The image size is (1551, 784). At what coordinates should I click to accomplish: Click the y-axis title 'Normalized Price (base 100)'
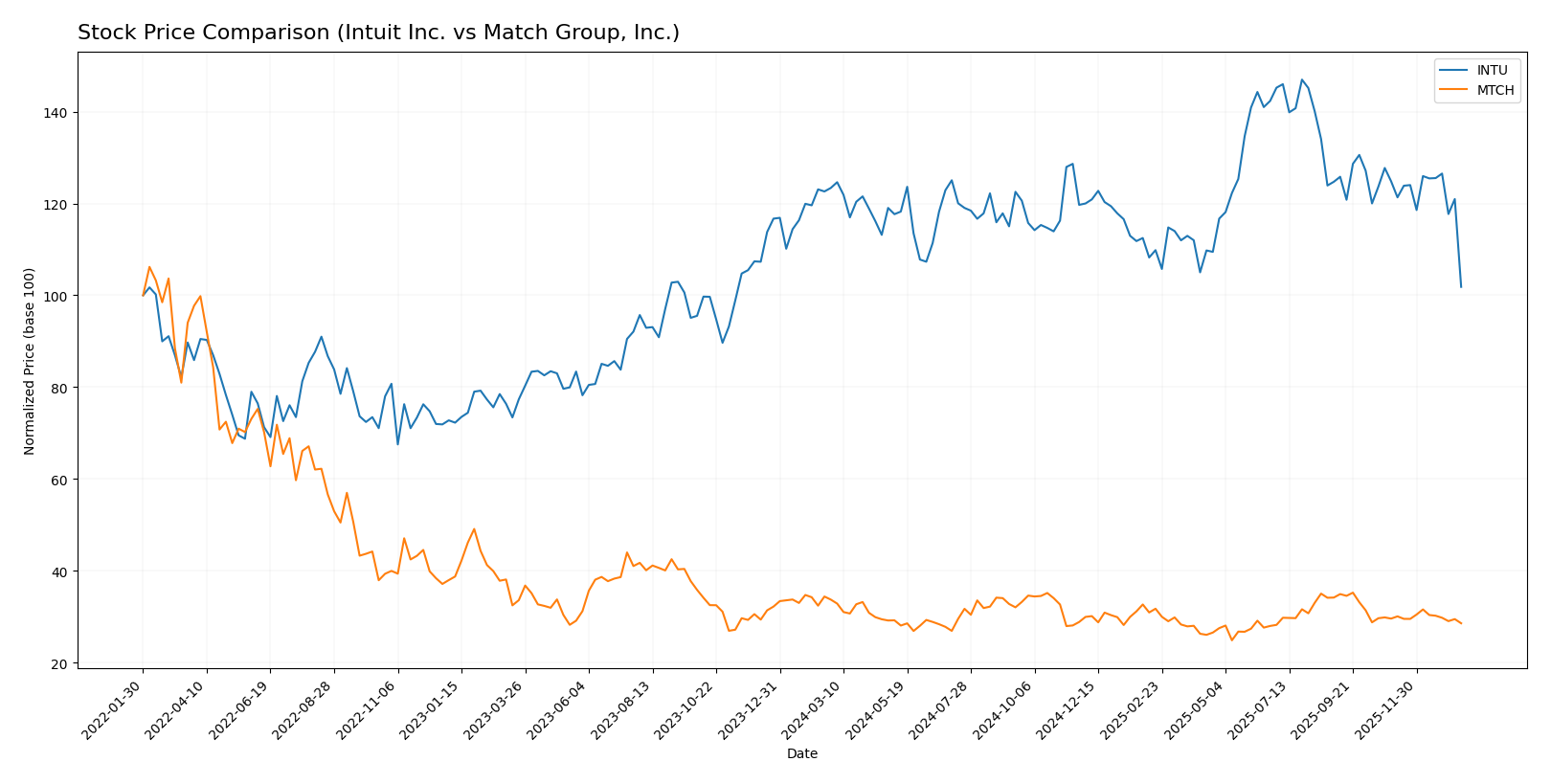coord(30,361)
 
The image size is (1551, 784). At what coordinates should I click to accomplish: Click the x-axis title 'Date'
coord(801,753)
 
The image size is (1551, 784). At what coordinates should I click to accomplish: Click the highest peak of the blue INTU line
coord(1301,80)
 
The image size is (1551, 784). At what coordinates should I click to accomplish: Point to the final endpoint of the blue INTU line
coord(1460,286)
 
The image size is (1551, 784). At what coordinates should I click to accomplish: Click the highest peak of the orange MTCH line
coord(149,267)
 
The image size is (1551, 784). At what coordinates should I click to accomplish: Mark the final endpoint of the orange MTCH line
coord(1460,623)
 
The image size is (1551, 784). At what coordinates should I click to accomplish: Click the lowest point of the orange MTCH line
coord(1231,639)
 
